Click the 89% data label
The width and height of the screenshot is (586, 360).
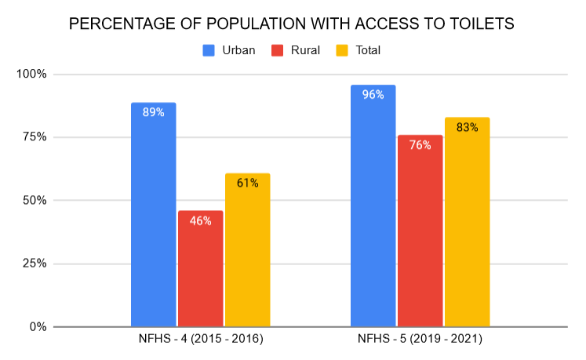[153, 112]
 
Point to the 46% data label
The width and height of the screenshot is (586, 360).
[200, 220]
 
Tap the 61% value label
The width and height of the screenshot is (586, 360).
[247, 183]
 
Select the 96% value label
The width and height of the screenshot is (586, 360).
[373, 95]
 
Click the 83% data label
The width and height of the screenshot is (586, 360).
[467, 127]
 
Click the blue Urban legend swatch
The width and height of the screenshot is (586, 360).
[209, 50]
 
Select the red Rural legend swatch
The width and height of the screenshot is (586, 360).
[277, 50]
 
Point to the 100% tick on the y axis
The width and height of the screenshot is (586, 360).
[32, 75]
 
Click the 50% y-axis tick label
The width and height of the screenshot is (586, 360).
[35, 200]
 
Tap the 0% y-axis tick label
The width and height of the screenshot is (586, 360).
[38, 326]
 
